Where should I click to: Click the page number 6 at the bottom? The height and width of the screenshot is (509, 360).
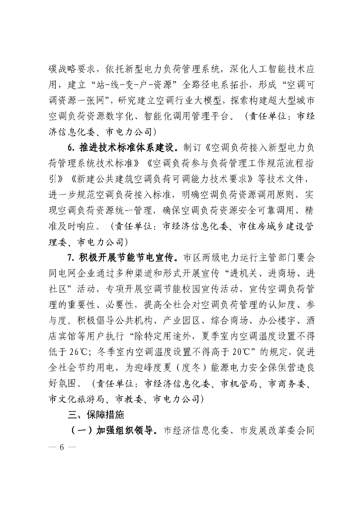62,446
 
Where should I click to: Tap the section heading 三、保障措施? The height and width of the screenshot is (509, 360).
94,415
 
